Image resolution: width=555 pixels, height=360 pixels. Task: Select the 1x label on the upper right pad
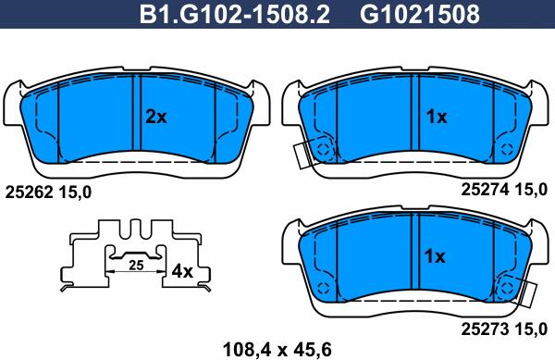tap(436, 118)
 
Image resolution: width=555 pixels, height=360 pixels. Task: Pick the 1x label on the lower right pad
tap(434, 256)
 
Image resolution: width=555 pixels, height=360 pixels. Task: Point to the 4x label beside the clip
tap(183, 272)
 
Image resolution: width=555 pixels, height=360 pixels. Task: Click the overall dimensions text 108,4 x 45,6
tap(278, 349)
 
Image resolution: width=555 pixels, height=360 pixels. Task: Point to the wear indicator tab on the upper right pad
tap(301, 156)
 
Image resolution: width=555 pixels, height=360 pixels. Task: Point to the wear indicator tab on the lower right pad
tap(529, 295)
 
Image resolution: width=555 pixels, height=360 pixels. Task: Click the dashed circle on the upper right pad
tap(323, 146)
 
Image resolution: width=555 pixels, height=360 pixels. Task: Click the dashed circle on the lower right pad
tap(506, 287)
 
